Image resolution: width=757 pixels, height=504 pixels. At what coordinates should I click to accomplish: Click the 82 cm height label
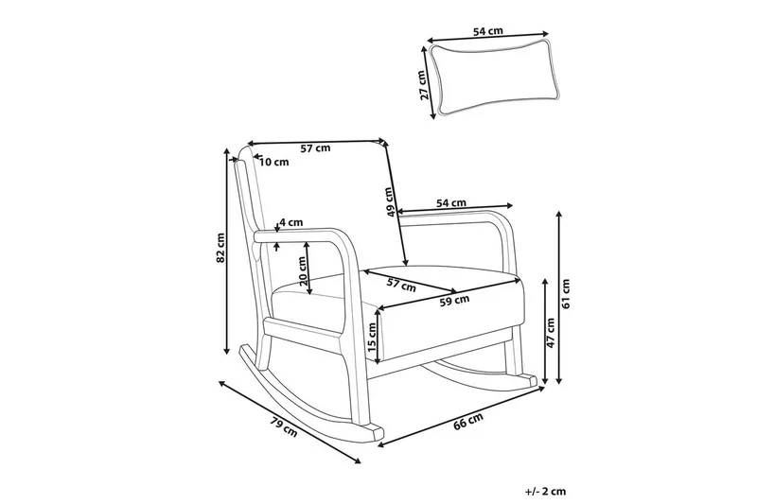coord(220,248)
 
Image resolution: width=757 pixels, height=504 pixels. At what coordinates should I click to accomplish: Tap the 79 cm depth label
coord(284,427)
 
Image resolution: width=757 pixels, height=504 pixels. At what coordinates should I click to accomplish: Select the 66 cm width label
coord(468,422)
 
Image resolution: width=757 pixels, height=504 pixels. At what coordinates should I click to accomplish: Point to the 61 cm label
coord(566,294)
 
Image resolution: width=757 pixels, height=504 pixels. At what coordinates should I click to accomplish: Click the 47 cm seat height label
coord(552,332)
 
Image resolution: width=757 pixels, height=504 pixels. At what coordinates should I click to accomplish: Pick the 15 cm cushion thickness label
coord(372,337)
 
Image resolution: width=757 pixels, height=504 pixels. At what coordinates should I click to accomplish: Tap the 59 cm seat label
coord(454,301)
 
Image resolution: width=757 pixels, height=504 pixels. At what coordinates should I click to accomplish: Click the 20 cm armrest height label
coord(303,270)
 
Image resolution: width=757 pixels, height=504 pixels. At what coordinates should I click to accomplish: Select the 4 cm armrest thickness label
coord(291,222)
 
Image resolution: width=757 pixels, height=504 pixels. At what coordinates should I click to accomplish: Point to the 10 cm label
coord(274,162)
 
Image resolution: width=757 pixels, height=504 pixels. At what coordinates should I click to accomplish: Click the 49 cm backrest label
coord(391,201)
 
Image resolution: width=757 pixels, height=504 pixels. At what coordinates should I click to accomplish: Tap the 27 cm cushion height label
coord(423,85)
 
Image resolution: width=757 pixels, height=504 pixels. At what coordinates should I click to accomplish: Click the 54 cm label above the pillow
coord(487,31)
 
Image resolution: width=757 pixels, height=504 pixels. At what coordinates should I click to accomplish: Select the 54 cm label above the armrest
coord(451,203)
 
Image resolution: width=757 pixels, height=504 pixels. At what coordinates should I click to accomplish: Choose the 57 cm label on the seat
coord(401,285)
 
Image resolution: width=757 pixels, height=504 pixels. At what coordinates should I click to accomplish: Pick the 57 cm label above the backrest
coord(315,148)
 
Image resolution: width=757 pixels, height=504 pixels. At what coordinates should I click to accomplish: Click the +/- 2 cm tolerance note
coord(546,492)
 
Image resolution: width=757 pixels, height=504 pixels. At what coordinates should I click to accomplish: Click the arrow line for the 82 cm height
coord(226,251)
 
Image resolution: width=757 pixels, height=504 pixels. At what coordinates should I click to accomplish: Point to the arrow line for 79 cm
coord(290,422)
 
